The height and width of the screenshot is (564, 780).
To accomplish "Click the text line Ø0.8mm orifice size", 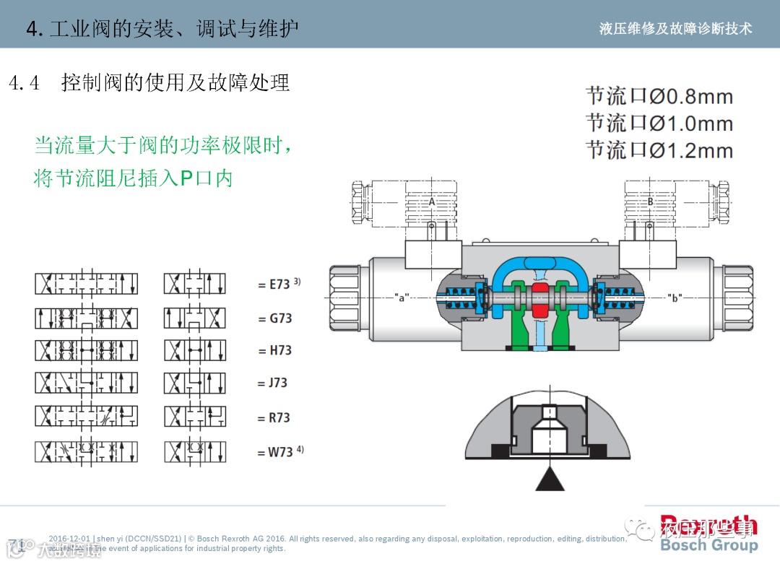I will tap(659, 96).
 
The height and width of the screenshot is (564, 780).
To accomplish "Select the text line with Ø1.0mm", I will tap(659, 123).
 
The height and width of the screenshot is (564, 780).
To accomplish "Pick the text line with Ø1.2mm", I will tap(659, 150).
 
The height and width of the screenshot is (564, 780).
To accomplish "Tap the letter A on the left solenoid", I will tap(432, 201).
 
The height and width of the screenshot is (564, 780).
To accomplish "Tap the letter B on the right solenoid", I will tap(650, 201).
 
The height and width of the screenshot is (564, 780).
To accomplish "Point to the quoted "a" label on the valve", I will tap(402, 297).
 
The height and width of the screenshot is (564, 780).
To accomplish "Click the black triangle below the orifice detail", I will tap(550, 479).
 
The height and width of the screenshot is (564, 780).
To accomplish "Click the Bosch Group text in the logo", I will tap(708, 545).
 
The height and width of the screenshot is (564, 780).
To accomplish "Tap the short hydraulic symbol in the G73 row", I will tap(194, 318).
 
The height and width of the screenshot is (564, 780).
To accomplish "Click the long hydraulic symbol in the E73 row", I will tap(86, 284).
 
